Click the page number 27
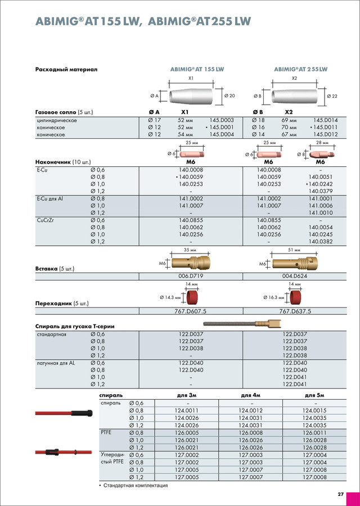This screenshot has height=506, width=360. tap(341, 494)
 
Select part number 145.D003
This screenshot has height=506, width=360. tap(222, 120)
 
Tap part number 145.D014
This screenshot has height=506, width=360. tap(326, 120)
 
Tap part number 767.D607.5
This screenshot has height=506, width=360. tap(191, 311)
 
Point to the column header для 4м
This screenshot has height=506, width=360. tap(251, 396)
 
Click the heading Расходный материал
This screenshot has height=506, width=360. tap(66, 69)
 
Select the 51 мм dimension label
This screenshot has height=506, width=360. tap(294, 249)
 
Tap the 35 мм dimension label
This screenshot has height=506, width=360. tap(191, 249)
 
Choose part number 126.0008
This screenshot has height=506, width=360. tap(251, 433)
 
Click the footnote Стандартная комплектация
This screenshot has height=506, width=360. tap(136, 485)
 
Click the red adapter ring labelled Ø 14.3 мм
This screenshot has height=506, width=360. tap(195, 296)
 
